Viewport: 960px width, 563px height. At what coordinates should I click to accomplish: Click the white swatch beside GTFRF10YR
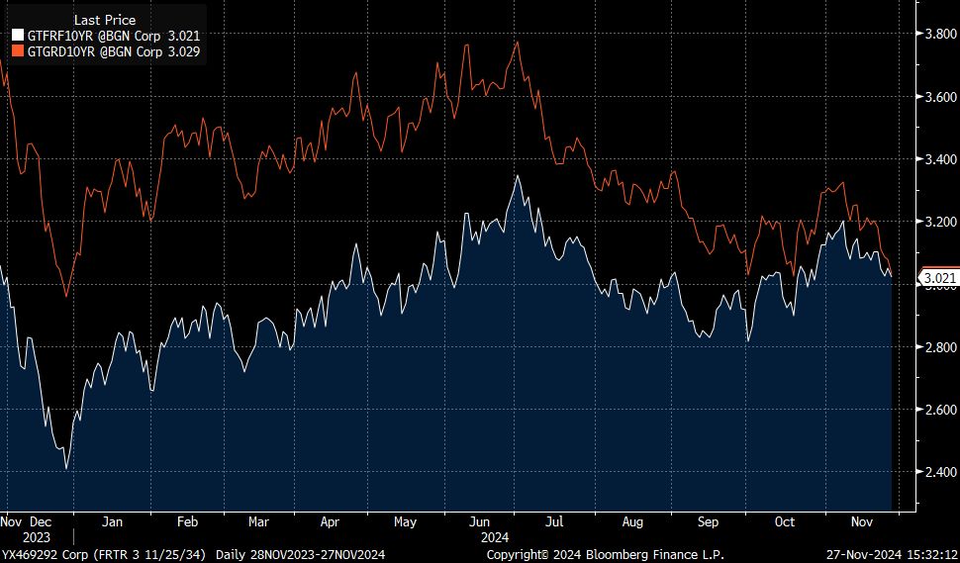coord(17,35)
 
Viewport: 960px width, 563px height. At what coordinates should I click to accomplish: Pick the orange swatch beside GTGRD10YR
coord(17,49)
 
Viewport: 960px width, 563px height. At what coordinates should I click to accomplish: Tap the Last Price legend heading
coord(105,20)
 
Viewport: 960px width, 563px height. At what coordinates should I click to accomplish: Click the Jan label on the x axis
coord(112,520)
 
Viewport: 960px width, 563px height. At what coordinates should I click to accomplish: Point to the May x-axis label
coord(405,520)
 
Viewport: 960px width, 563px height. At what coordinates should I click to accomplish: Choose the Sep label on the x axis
coord(708,520)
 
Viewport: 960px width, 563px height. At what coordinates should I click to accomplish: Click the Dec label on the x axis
coord(42,520)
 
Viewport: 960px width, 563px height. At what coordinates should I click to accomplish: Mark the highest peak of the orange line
coord(518,42)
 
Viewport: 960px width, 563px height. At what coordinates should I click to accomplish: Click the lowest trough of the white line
coord(66,467)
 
